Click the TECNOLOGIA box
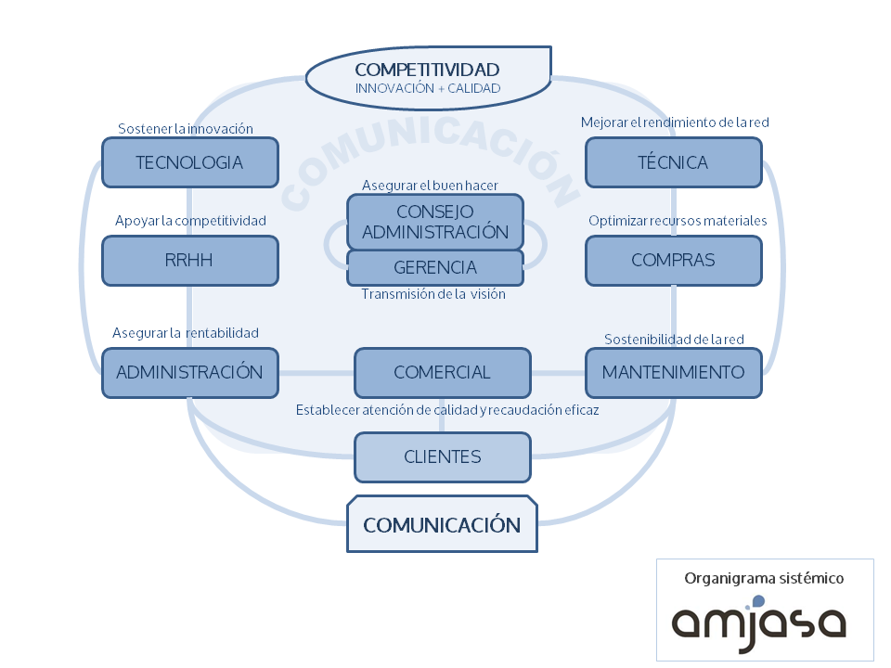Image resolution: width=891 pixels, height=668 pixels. point(189,162)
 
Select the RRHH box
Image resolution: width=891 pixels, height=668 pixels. point(189,260)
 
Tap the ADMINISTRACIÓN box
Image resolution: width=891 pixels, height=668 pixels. point(189,372)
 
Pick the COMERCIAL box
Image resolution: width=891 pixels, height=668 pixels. point(442,372)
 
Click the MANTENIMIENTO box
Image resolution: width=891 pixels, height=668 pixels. point(673,372)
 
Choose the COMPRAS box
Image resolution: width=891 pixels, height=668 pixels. point(673,260)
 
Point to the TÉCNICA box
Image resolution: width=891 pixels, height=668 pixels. point(673,162)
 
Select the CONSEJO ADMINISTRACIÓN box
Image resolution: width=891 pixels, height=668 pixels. point(434,222)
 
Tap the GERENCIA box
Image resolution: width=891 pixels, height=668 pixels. point(434,267)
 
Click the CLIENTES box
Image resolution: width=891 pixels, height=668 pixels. point(442,456)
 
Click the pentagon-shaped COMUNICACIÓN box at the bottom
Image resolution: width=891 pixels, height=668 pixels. point(442,524)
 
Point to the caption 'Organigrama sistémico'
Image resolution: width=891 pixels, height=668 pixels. point(763,578)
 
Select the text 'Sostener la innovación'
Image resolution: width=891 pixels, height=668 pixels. point(186,129)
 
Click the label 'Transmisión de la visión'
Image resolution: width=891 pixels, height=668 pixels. point(433,294)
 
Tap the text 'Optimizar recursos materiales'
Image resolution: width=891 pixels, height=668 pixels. point(678,221)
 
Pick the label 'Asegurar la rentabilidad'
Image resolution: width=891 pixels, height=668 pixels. point(186,332)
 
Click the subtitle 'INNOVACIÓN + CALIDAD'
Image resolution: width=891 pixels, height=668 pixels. point(428,88)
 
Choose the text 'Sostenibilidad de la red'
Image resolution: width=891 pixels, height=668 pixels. point(674,340)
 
